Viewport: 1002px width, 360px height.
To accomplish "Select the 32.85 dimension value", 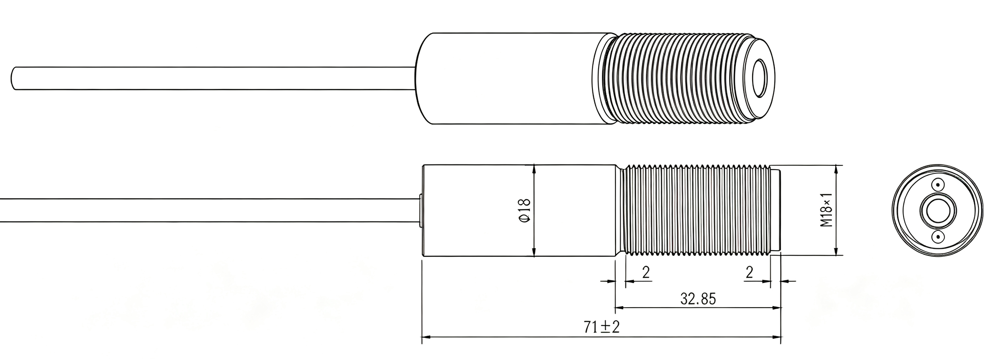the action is click(698, 299).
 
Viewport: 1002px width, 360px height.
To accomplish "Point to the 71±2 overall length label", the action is click(601, 327).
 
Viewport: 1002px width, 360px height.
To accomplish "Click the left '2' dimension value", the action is click(646, 272).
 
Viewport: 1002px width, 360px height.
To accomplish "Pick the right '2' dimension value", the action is click(749, 272).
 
